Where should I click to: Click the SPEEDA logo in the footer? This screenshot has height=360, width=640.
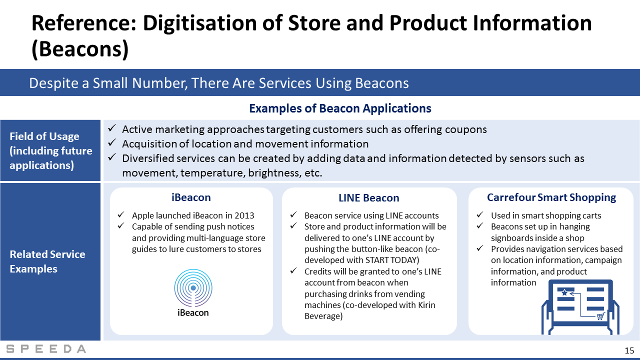click(x=46, y=349)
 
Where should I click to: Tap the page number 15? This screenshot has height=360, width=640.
click(x=629, y=350)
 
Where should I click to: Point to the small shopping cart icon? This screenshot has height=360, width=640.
click(x=600, y=316)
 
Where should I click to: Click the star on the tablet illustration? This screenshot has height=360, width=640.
click(x=564, y=292)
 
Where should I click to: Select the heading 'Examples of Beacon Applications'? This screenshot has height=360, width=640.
click(x=340, y=108)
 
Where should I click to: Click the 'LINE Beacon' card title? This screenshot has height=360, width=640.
click(x=368, y=197)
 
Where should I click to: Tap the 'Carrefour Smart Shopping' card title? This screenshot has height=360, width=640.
click(x=551, y=197)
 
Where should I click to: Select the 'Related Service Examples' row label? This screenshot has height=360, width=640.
click(x=47, y=261)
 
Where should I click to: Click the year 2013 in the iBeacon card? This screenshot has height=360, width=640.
click(x=244, y=215)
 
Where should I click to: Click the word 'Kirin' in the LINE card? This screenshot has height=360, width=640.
click(x=426, y=305)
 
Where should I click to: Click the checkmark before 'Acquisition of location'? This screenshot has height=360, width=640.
click(x=111, y=142)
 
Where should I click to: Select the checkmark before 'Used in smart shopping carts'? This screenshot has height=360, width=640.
click(x=479, y=214)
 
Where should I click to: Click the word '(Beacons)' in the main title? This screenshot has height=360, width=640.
click(x=80, y=49)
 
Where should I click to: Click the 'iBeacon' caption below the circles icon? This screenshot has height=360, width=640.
click(x=193, y=312)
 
